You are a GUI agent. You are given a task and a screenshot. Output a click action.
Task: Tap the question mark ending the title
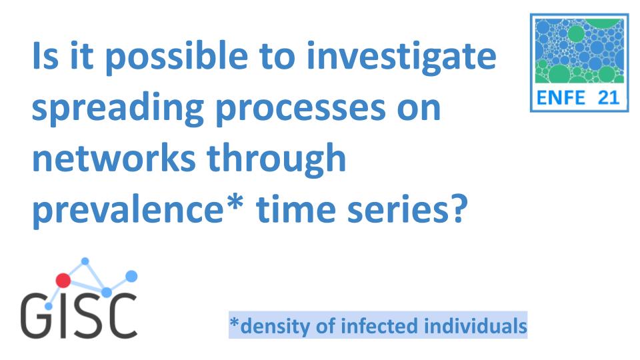[x=453, y=210]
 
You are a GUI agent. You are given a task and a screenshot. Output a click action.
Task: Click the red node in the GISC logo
[x=63, y=281]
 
